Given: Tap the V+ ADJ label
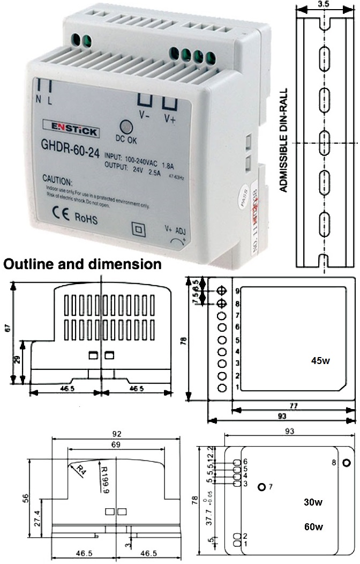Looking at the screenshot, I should (x=175, y=228).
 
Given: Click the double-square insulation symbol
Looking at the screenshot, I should (x=138, y=230).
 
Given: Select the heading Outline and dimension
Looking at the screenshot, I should (x=82, y=264).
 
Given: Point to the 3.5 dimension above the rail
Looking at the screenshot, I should (x=323, y=4).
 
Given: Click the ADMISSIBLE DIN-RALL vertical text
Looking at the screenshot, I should (x=284, y=140).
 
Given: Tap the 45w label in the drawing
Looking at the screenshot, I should (x=320, y=361).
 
